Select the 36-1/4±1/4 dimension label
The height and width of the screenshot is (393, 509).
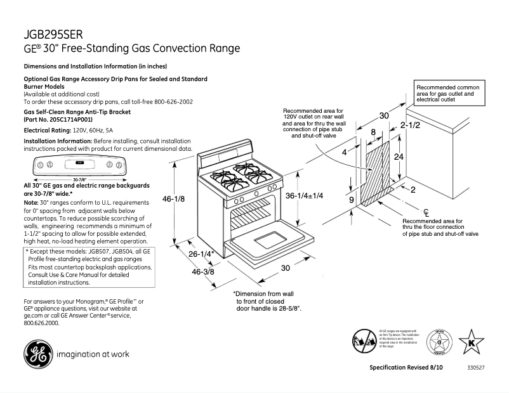pyautogui.click(x=305, y=195)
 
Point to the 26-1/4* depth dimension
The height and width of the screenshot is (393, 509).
pyautogui.click(x=200, y=254)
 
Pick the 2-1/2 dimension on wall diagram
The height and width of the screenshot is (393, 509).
pyautogui.click(x=410, y=126)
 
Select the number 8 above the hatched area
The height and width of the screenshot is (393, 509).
pyautogui.click(x=373, y=132)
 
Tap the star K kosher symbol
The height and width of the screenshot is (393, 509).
pyautogui.click(x=471, y=343)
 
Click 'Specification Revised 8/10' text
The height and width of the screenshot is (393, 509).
pyautogui.click(x=406, y=368)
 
